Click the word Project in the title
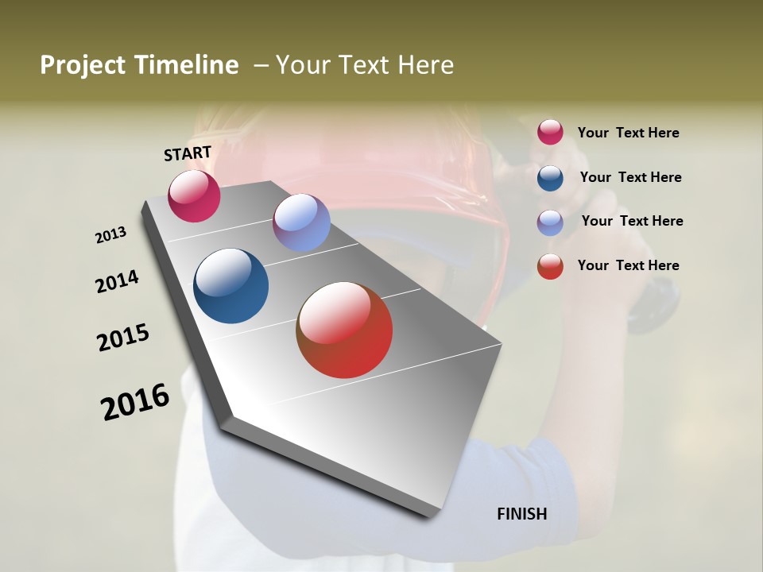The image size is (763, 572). coord(83,65)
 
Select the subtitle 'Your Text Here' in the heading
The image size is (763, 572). coord(365,65)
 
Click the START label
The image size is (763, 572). coord(188,153)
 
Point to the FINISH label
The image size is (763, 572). coord(522,514)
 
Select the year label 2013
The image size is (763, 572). coord(110,235)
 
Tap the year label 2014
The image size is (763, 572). coord(117,282)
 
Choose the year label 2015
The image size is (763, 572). coord(123,338)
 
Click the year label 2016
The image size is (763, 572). coord(135,402)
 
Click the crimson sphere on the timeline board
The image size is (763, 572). coord(194,195)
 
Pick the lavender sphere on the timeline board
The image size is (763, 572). coord(301,222)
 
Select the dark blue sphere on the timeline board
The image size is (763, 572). coord(231,286)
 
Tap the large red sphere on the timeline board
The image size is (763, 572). coord(344,330)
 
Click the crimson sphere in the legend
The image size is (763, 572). coord(550,132)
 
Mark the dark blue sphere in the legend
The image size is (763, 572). coord(550,178)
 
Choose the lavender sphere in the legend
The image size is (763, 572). coord(550,222)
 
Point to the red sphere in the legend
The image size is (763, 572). coord(550,266)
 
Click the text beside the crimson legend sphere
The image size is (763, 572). coord(628,133)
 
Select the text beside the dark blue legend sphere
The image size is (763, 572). coord(630,177)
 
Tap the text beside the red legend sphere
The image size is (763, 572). coord(628,265)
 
